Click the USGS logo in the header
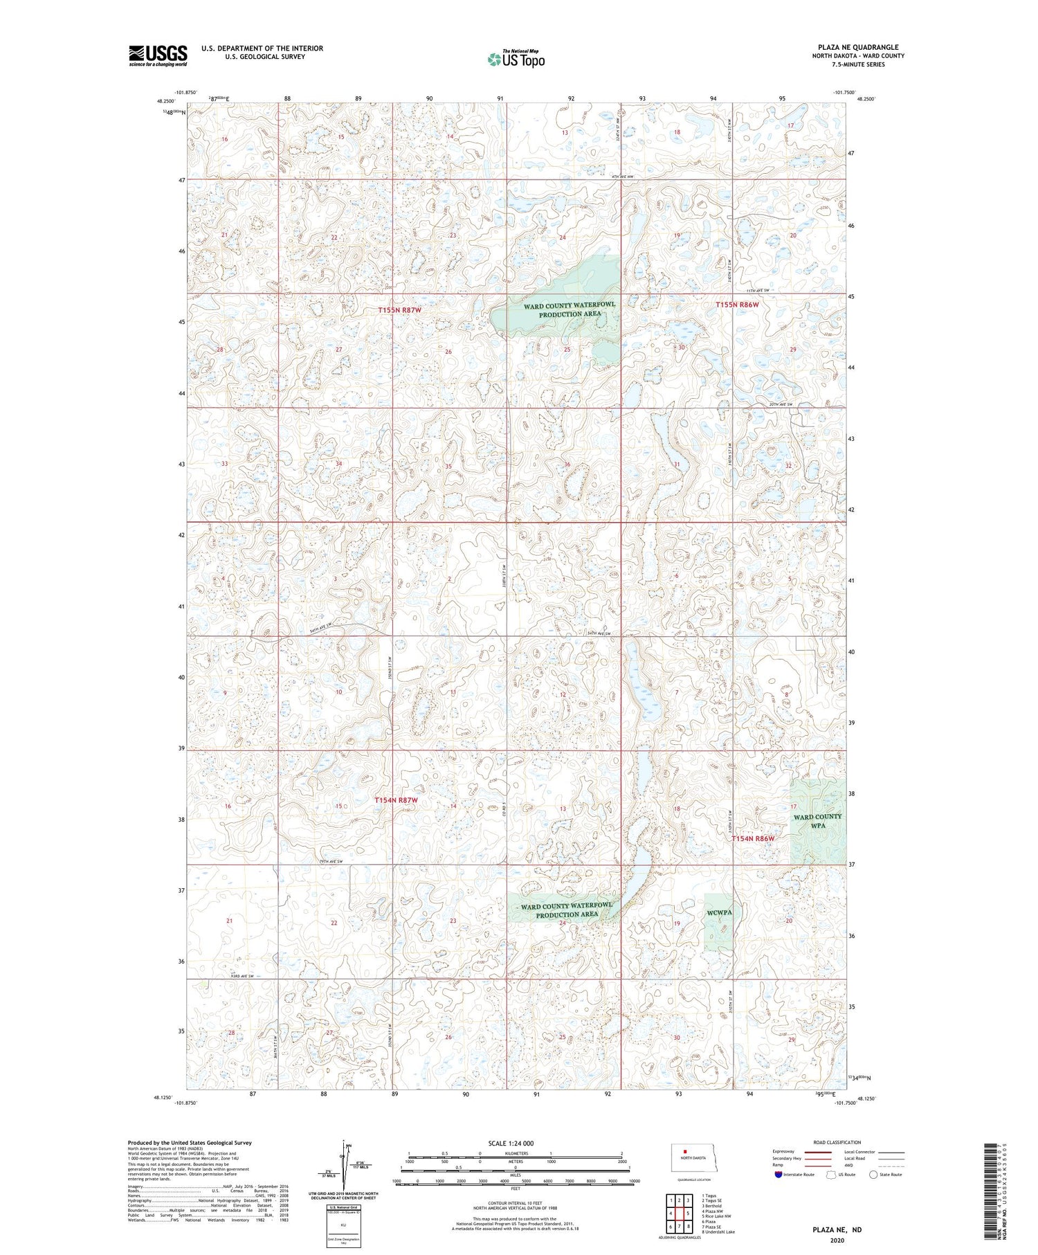click(x=158, y=55)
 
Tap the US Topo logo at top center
click(x=516, y=60)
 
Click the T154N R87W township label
click(x=397, y=800)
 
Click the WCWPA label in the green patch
click(x=720, y=912)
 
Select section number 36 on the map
click(x=567, y=464)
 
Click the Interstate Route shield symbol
click(x=778, y=1175)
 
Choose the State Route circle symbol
click(x=873, y=1175)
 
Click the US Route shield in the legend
click(x=832, y=1175)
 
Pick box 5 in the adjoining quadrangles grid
click(x=688, y=1213)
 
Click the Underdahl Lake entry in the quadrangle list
click(x=720, y=1231)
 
